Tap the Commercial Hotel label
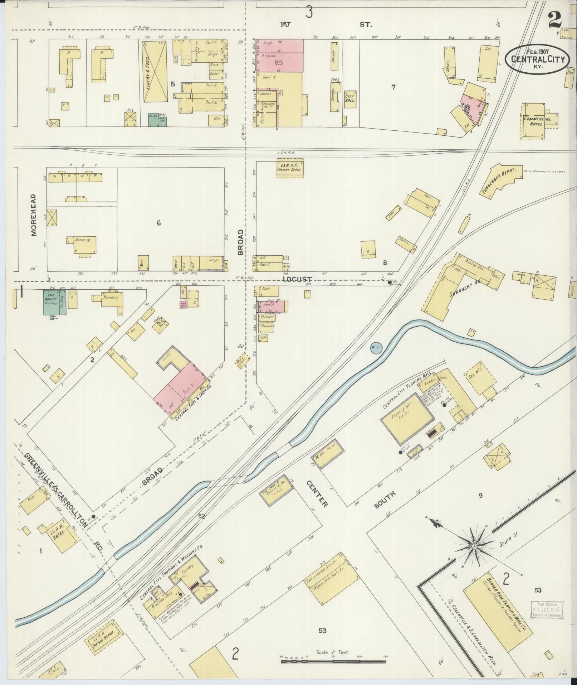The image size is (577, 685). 538,121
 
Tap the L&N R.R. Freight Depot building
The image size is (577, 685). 289,168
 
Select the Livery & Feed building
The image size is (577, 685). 155,72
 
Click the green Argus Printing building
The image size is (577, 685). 51,303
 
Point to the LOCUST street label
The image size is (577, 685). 297,279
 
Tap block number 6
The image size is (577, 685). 158,223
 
